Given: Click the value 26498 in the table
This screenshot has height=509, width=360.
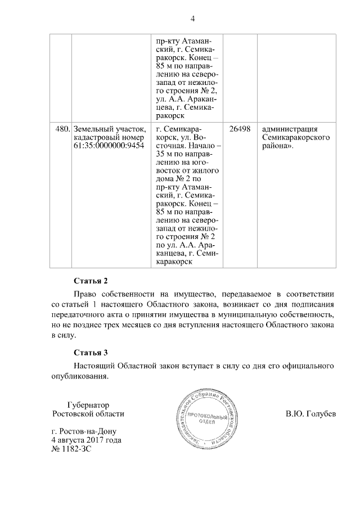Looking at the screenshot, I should (x=240, y=128).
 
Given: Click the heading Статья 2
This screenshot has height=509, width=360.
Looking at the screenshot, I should (x=90, y=281).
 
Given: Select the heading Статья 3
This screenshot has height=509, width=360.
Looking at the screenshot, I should (x=90, y=353).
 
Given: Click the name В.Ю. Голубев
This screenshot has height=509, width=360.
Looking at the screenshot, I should (x=310, y=415).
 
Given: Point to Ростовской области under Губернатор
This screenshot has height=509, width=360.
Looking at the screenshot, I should (x=87, y=414).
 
